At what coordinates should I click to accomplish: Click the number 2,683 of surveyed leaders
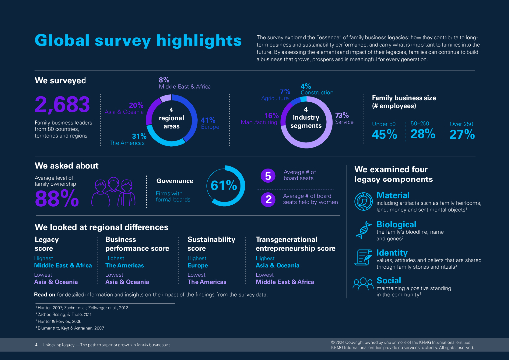(x=63, y=105)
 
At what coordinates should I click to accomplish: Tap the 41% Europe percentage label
(x=208, y=120)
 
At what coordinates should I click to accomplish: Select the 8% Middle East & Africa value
(x=164, y=80)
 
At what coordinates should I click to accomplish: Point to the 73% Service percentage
(x=342, y=115)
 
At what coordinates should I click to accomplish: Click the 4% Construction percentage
(x=306, y=86)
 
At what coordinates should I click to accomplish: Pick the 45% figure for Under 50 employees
(x=384, y=134)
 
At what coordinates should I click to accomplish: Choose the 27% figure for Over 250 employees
(x=462, y=134)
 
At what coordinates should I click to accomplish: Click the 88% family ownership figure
(x=57, y=198)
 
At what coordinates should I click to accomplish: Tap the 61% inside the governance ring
(x=224, y=186)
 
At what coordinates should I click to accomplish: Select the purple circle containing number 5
(x=268, y=176)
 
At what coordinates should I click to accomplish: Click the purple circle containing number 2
(x=268, y=199)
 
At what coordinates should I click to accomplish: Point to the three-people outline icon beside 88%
(x=114, y=191)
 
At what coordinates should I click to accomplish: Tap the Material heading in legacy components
(x=393, y=195)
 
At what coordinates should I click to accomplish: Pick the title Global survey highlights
(x=138, y=41)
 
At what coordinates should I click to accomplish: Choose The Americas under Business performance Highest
(x=124, y=265)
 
